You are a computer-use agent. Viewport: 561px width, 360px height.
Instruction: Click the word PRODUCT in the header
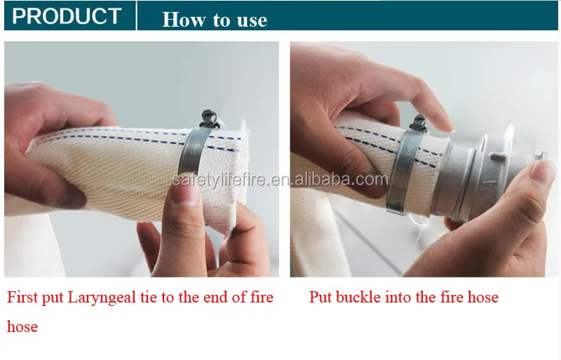point(67,16)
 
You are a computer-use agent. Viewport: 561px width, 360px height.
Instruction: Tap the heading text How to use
point(215,19)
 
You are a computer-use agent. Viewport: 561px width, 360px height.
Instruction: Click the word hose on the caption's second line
point(22,326)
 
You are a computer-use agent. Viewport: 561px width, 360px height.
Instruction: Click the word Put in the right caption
point(321,298)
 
